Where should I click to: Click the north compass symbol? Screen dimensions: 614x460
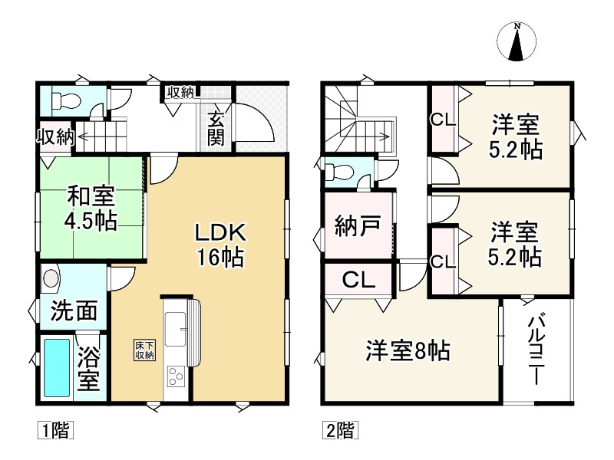pyautogui.click(x=517, y=41)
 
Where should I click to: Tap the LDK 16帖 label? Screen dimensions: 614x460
pyautogui.click(x=220, y=245)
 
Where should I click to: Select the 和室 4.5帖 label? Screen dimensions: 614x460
pyautogui.click(x=91, y=209)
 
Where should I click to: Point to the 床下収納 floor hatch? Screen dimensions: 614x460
pyautogui.click(x=144, y=350)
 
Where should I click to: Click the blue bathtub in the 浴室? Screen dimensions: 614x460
pyautogui.click(x=57, y=367)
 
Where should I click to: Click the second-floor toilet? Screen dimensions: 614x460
pyautogui.click(x=339, y=172)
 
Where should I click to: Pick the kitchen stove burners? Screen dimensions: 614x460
pyautogui.click(x=176, y=376)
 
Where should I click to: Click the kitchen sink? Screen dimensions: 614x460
pyautogui.click(x=176, y=329)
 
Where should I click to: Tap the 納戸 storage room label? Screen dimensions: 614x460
pyautogui.click(x=357, y=225)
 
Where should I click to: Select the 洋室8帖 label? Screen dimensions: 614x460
pyautogui.click(x=408, y=350)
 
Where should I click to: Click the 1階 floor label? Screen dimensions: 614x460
pyautogui.click(x=55, y=430)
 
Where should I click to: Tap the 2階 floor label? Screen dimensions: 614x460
pyautogui.click(x=340, y=430)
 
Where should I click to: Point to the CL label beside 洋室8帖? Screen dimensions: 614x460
pyautogui.click(x=358, y=280)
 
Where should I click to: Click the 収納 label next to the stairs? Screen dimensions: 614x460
pyautogui.click(x=55, y=137)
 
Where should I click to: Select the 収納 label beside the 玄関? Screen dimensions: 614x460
pyautogui.click(x=180, y=92)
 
